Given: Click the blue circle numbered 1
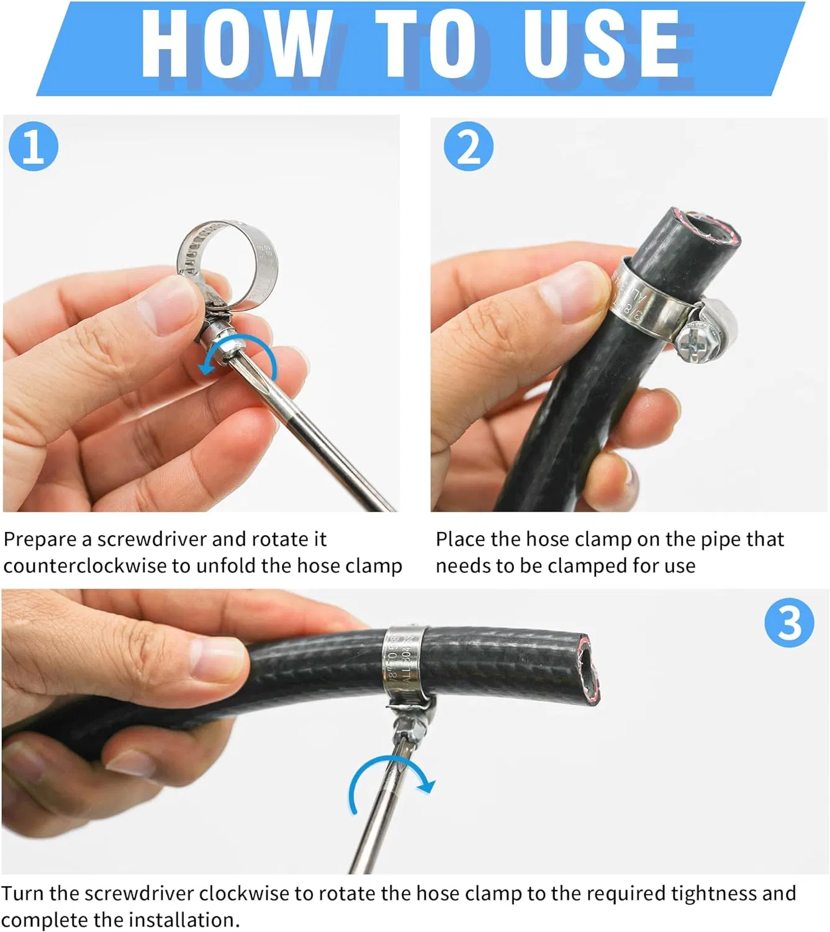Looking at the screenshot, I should click(34, 147).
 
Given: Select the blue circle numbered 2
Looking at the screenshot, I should click(468, 147).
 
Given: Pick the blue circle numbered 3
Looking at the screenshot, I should click(788, 623).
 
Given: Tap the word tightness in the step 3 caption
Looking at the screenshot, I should click(713, 893).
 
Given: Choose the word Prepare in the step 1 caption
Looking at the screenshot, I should click(40, 539).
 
